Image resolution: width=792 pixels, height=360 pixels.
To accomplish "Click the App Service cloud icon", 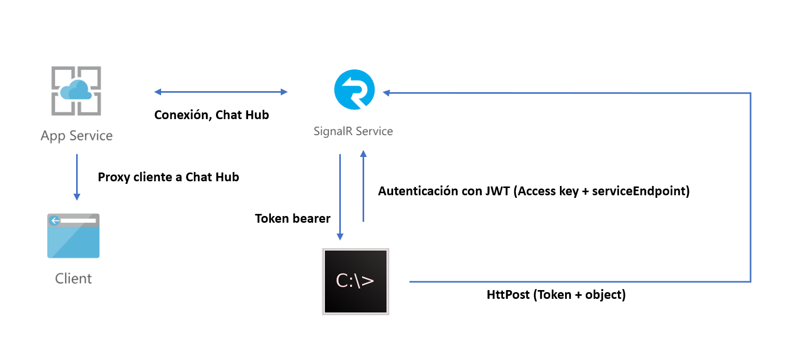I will pyautogui.click(x=77, y=91).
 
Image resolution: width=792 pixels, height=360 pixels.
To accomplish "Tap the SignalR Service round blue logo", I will pyautogui.click(x=354, y=90).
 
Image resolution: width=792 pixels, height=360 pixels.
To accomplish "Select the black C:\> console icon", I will pyautogui.click(x=355, y=281).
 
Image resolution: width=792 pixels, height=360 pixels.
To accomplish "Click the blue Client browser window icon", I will pyautogui.click(x=73, y=236).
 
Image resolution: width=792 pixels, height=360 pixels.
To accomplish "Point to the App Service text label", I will pyautogui.click(x=77, y=136).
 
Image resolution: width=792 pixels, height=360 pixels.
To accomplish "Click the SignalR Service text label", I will pyautogui.click(x=353, y=131).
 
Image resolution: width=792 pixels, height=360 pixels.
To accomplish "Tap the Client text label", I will pyautogui.click(x=74, y=279).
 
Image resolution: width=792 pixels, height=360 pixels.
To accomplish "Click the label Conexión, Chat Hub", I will pyautogui.click(x=211, y=115).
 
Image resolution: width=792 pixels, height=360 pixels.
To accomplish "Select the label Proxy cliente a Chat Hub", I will pyautogui.click(x=168, y=177).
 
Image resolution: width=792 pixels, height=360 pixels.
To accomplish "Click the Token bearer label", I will pyautogui.click(x=293, y=219).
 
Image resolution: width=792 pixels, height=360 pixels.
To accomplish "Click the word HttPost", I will pyautogui.click(x=507, y=295).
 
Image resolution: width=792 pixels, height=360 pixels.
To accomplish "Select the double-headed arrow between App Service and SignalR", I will pyautogui.click(x=221, y=92).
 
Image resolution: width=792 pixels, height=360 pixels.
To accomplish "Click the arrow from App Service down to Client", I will pyautogui.click(x=77, y=177).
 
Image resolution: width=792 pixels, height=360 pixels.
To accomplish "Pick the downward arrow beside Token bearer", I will pyautogui.click(x=340, y=197).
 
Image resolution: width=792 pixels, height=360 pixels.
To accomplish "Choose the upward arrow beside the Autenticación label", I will pyautogui.click(x=363, y=186).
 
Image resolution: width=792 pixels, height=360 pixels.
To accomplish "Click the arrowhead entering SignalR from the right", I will pyautogui.click(x=386, y=93).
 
